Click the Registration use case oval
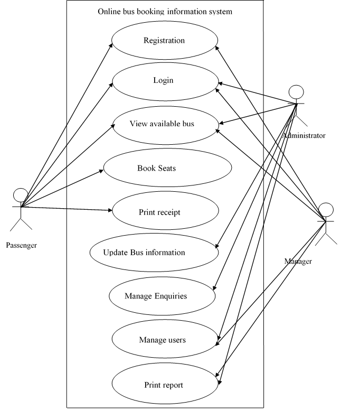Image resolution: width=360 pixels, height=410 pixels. pyautogui.click(x=164, y=41)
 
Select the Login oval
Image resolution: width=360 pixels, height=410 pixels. pyautogui.click(x=164, y=81)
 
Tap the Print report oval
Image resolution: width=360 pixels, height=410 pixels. pyautogui.click(x=164, y=385)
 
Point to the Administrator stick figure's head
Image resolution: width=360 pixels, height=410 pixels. pyautogui.click(x=296, y=91)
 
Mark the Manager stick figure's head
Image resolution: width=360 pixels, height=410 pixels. pyautogui.click(x=326, y=208)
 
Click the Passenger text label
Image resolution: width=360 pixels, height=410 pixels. pyautogui.click(x=21, y=245)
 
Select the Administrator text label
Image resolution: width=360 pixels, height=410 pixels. pyautogui.click(x=304, y=136)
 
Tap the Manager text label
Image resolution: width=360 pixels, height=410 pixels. pyautogui.click(x=298, y=262)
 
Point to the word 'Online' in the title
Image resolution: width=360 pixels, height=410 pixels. pyautogui.click(x=109, y=12)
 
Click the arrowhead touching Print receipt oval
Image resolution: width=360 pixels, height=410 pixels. pyautogui.click(x=110, y=211)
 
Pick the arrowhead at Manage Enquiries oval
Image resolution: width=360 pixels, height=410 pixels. pyautogui.click(x=214, y=287)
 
